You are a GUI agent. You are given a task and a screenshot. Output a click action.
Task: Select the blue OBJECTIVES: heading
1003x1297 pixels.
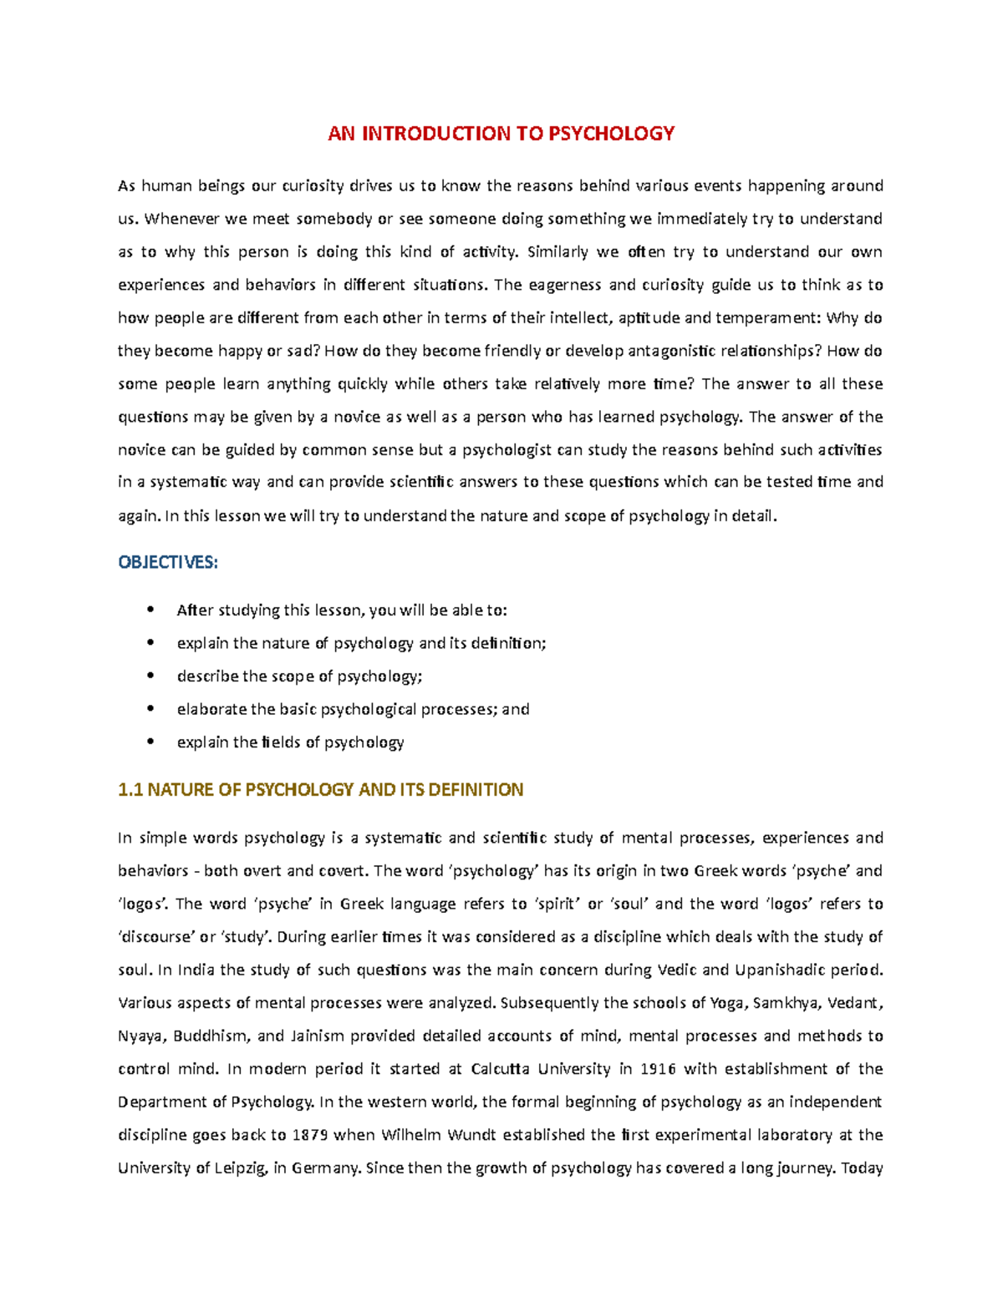(x=168, y=563)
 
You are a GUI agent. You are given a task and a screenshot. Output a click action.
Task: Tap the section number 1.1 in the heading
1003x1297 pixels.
(x=130, y=790)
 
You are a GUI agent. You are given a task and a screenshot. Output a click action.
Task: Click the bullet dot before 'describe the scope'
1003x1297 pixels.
(x=150, y=676)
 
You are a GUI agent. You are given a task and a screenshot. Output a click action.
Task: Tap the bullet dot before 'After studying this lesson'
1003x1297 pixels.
(x=150, y=610)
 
